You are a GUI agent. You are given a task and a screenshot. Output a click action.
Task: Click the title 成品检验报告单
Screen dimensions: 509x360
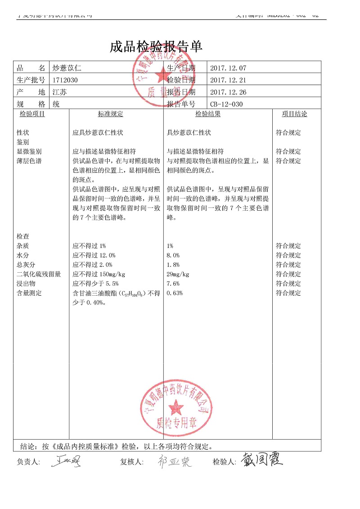coord(157,47)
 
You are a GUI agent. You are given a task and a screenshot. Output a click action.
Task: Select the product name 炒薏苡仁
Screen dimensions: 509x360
coord(67,68)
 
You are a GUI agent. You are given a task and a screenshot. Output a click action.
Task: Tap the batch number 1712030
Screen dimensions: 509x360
coord(65,80)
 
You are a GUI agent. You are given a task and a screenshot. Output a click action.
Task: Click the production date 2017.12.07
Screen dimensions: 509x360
coord(228,68)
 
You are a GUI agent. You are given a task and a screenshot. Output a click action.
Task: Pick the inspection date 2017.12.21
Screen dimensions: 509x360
coord(228,80)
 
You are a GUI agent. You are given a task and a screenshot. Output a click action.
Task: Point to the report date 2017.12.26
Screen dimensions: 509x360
coord(228,92)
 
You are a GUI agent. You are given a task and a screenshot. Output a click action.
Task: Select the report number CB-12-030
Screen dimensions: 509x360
coord(226,104)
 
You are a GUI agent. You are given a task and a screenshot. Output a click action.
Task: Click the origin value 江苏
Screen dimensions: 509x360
coord(59,92)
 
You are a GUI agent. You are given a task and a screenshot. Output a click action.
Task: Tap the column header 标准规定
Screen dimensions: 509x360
coord(110,114)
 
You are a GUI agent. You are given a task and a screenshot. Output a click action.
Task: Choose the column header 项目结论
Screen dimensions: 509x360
coord(294,114)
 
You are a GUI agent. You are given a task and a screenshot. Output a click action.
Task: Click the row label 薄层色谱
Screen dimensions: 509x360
coord(29,161)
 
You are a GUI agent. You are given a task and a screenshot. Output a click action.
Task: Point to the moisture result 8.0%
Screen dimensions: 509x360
coord(173,255)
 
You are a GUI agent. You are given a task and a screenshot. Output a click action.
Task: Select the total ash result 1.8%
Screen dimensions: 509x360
coord(173,265)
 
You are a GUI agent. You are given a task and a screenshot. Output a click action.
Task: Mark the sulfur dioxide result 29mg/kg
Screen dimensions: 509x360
coord(178,274)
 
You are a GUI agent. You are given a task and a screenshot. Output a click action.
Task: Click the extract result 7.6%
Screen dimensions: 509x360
coord(173,284)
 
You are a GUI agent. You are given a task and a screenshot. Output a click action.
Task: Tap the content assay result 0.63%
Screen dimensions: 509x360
coord(175,293)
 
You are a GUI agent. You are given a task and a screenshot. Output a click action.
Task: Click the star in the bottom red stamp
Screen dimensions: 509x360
coord(175,408)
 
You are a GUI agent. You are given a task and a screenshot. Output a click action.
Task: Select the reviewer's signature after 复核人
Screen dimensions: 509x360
coord(175,461)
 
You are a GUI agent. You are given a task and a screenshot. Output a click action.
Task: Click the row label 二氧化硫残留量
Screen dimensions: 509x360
coord(39,274)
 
